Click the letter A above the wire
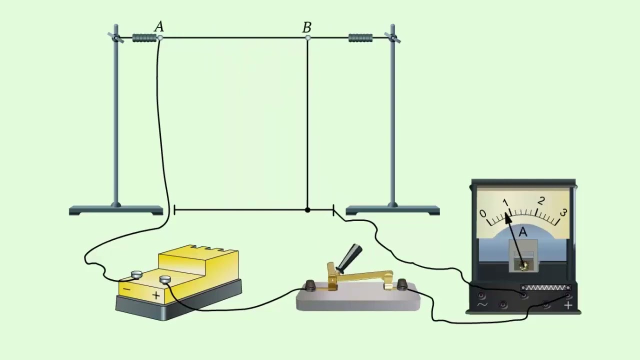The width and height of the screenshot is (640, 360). click(x=159, y=26)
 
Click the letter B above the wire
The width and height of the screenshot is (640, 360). click(x=307, y=27)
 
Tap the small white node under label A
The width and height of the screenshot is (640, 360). click(x=160, y=37)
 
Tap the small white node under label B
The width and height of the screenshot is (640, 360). click(x=307, y=37)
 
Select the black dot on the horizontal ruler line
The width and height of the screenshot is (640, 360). click(x=307, y=210)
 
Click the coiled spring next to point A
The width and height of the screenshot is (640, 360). click(x=144, y=37)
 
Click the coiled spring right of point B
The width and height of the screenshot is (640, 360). click(x=360, y=37)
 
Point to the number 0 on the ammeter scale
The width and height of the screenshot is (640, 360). click(x=483, y=213)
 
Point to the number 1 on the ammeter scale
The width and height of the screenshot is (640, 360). click(x=505, y=202)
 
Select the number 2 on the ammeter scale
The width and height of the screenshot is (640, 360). click(x=540, y=201)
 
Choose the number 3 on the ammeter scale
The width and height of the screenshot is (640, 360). click(x=563, y=212)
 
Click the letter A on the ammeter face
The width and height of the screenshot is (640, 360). click(x=523, y=232)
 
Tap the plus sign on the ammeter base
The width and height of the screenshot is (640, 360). click(x=568, y=305)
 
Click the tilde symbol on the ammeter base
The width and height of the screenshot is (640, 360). click(x=482, y=304)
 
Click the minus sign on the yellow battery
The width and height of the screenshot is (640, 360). click(x=126, y=289)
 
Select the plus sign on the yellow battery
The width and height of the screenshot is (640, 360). click(x=156, y=295)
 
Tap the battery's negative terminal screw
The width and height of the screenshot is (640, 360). click(x=136, y=274)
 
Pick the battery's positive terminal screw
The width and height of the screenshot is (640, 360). click(x=165, y=279)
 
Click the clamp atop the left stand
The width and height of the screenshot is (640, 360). click(x=115, y=38)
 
